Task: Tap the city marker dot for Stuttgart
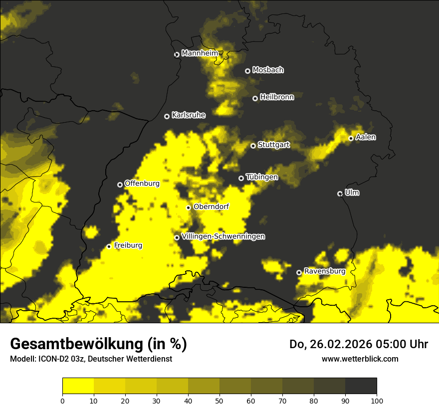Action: (x=253, y=146)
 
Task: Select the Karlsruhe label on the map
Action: (x=189, y=115)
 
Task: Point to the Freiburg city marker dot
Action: (x=109, y=246)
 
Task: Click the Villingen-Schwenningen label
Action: (x=223, y=236)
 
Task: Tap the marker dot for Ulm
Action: (x=340, y=194)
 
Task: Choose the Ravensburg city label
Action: (x=324, y=271)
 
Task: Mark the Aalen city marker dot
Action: (x=351, y=138)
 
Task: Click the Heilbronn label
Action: (x=277, y=97)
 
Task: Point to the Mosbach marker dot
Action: (x=247, y=71)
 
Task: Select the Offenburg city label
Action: (x=142, y=184)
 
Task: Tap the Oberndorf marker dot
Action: (x=188, y=207)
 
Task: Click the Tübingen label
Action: (x=262, y=177)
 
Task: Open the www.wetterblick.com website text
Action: (x=360, y=359)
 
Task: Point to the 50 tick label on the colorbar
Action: (x=219, y=401)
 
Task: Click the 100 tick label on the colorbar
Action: (x=377, y=401)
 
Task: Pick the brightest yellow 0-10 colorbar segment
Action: (x=78, y=386)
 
